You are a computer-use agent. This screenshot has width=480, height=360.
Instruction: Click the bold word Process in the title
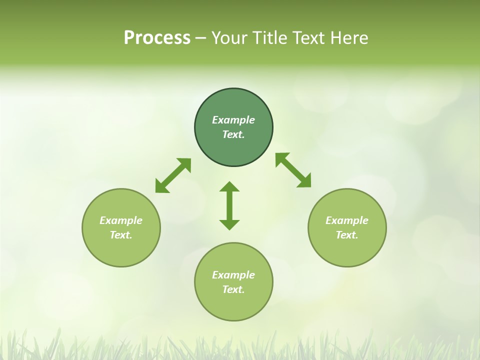click(157, 38)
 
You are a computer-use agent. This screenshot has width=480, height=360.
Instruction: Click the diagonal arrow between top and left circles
click(173, 175)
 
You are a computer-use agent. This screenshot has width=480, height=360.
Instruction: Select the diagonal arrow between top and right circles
click(293, 170)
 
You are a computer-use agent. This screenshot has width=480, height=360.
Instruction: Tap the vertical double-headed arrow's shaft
click(229, 205)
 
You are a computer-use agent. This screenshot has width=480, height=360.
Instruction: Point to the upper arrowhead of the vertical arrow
click(229, 187)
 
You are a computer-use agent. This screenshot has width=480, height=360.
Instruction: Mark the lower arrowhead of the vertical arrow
click(229, 224)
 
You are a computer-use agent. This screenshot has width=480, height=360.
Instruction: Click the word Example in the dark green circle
click(233, 120)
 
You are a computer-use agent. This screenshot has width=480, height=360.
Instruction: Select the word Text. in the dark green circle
click(233, 134)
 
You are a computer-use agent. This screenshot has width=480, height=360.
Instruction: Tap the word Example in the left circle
click(121, 220)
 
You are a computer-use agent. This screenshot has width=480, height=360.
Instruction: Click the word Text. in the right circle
click(347, 235)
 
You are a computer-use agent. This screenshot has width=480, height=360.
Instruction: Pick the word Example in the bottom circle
click(233, 275)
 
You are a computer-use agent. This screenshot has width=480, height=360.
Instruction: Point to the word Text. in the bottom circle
click(233, 289)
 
